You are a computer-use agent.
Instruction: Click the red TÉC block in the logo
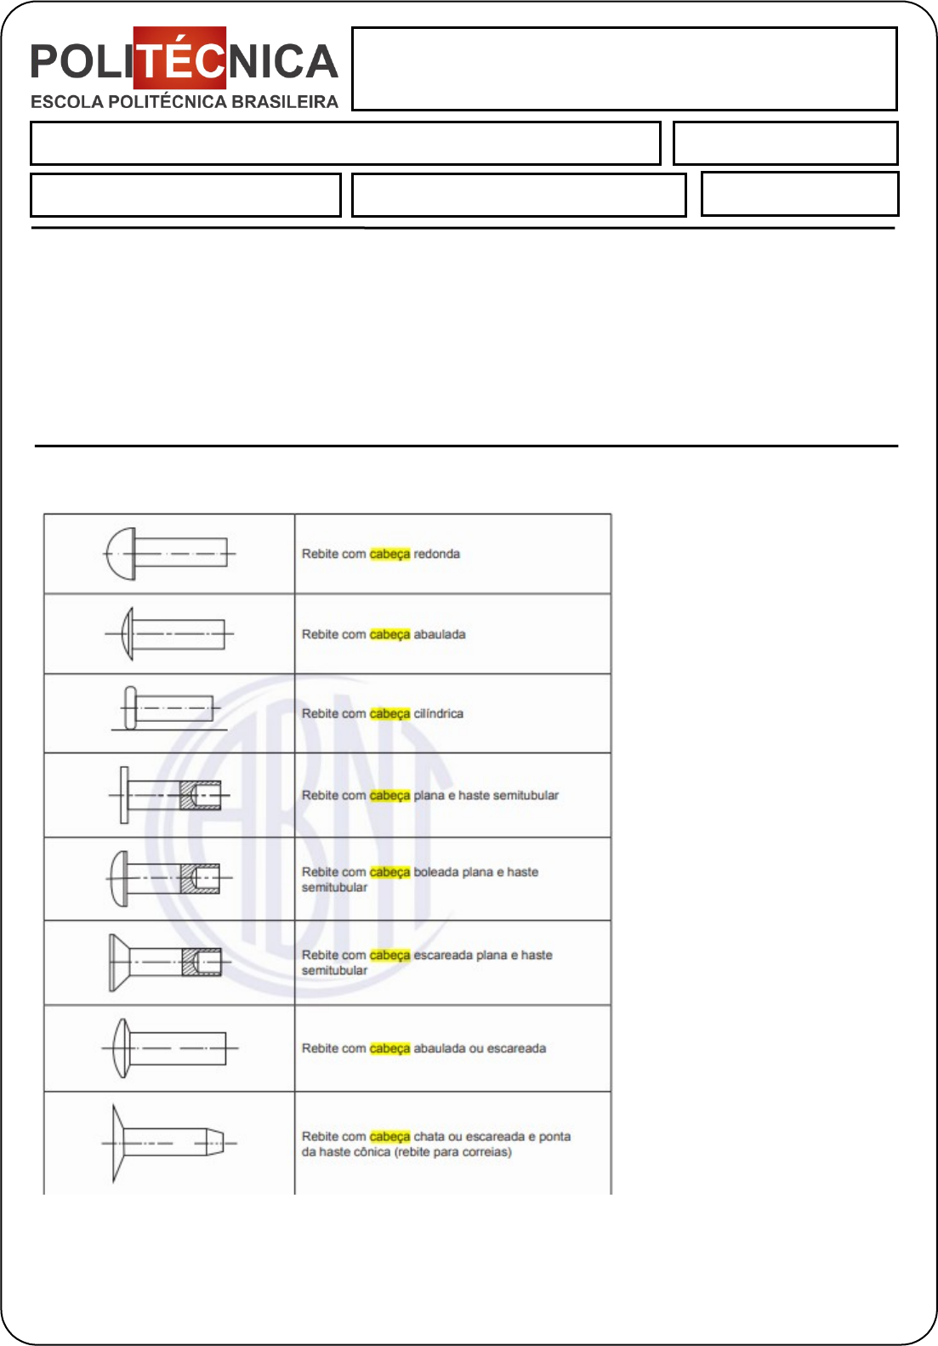pyautogui.click(x=179, y=58)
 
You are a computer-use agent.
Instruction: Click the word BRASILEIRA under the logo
pyautogui.click(x=285, y=102)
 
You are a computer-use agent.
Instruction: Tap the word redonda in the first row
pyautogui.click(x=437, y=554)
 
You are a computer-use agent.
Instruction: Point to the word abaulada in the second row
pyautogui.click(x=440, y=634)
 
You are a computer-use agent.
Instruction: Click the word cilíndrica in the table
pyautogui.click(x=439, y=714)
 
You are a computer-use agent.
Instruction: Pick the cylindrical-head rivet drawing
pyautogui.click(x=169, y=708)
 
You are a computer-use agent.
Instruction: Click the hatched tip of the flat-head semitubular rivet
pyautogui.click(x=201, y=795)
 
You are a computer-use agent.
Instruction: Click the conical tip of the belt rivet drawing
pyautogui.click(x=215, y=1142)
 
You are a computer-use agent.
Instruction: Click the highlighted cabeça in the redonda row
pyautogui.click(x=390, y=554)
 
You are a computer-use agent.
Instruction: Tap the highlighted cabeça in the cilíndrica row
pyautogui.click(x=390, y=714)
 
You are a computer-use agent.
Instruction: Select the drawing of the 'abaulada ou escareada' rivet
pyautogui.click(x=170, y=1048)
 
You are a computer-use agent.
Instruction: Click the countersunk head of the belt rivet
pyautogui.click(x=117, y=1142)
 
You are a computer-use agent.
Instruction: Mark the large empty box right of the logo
pyautogui.click(x=624, y=69)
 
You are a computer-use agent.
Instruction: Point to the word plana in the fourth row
pyautogui.click(x=429, y=796)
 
